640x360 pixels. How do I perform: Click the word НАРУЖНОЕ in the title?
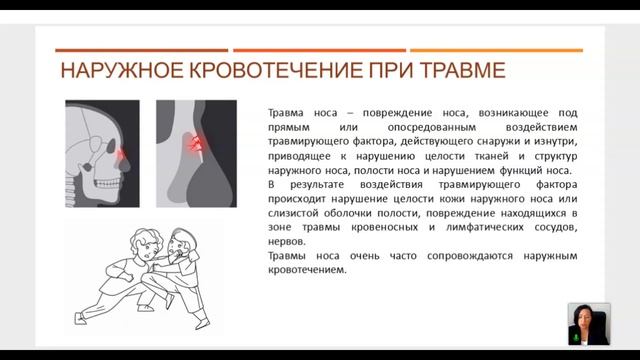click(122, 70)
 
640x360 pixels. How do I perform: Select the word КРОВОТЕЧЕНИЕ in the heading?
click(276, 70)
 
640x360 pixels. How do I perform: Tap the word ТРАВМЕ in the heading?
click(462, 70)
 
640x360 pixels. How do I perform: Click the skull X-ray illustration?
click(102, 153)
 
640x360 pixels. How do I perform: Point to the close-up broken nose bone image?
click(196, 153)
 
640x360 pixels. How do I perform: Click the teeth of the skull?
click(107, 182)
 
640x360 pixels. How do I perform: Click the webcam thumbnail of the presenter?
click(589, 324)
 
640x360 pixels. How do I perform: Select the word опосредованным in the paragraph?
click(431, 127)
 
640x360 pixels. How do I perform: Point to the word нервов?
click(287, 242)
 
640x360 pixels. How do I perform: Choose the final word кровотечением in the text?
click(307, 270)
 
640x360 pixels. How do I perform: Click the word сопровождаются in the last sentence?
click(470, 256)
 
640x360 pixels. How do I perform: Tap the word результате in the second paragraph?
click(317, 185)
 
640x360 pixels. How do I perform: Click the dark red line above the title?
click(142, 51)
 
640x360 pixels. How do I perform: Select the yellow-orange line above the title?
click(496, 51)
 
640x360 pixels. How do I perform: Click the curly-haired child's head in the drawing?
click(144, 243)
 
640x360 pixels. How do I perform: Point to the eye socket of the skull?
click(111, 147)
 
